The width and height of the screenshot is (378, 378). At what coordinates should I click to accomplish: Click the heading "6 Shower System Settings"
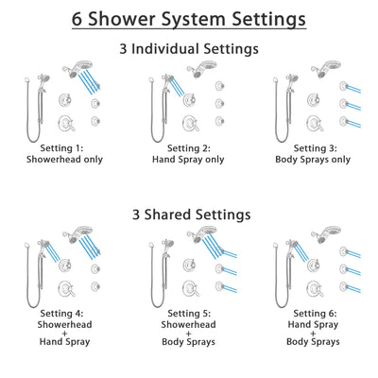pos(189,18)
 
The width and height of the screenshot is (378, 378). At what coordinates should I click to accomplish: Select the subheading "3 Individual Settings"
pos(189,47)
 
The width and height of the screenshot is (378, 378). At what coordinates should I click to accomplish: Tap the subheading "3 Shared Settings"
pos(189,215)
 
